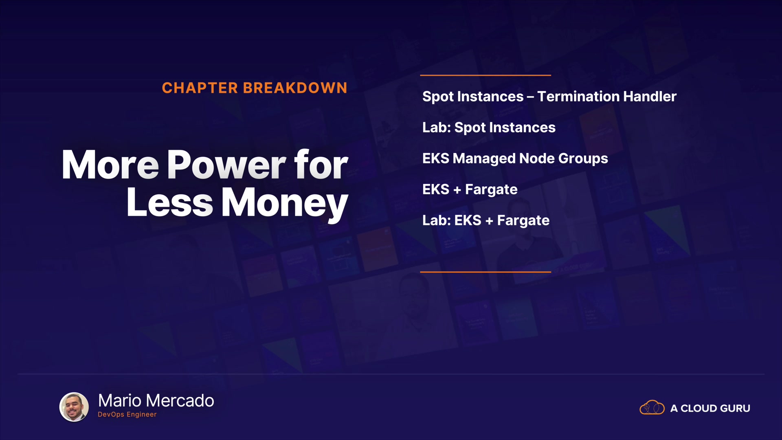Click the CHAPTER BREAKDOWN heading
click(x=255, y=88)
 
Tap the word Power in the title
click(x=227, y=165)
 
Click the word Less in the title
click(x=170, y=202)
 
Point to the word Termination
click(x=579, y=97)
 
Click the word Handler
click(x=650, y=97)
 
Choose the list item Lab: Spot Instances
click(x=489, y=128)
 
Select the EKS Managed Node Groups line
click(x=515, y=159)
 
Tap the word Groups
click(x=583, y=159)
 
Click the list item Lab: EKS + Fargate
click(x=486, y=221)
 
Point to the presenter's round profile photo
click(x=74, y=407)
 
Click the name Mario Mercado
click(x=156, y=401)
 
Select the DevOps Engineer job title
click(x=127, y=414)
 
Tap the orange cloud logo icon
click(x=652, y=407)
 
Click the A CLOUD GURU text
click(x=710, y=408)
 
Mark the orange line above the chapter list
click(x=485, y=75)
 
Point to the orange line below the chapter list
click(x=485, y=272)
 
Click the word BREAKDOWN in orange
click(x=295, y=88)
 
